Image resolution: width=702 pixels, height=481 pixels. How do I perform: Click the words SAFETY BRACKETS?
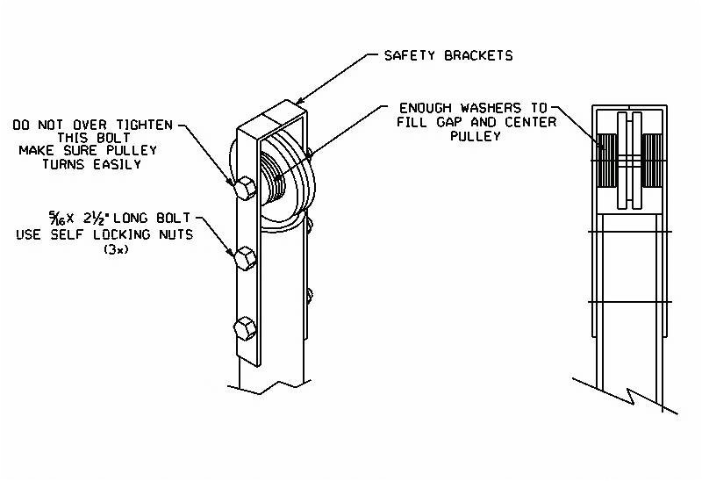click(x=448, y=55)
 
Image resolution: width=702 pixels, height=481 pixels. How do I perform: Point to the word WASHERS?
click(x=489, y=108)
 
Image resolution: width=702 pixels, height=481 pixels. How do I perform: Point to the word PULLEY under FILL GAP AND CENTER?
click(x=475, y=136)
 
